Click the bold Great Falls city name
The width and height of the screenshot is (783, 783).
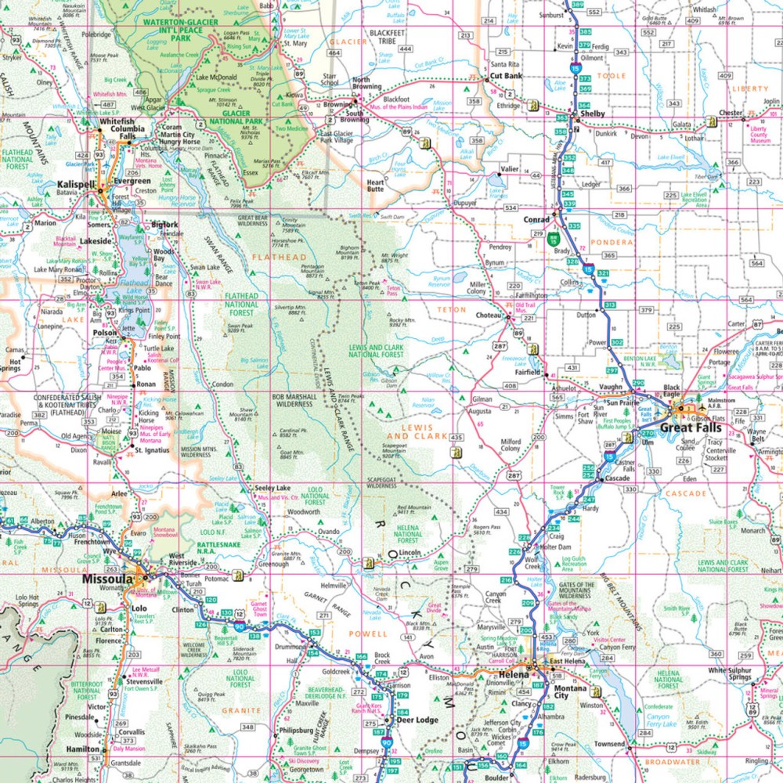692,428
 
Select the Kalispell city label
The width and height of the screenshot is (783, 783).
76,185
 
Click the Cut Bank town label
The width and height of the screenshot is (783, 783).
506,77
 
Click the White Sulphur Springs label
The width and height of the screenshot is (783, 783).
729,674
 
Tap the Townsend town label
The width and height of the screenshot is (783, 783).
610,743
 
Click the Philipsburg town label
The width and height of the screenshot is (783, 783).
297,731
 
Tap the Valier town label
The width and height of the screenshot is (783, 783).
511,168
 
